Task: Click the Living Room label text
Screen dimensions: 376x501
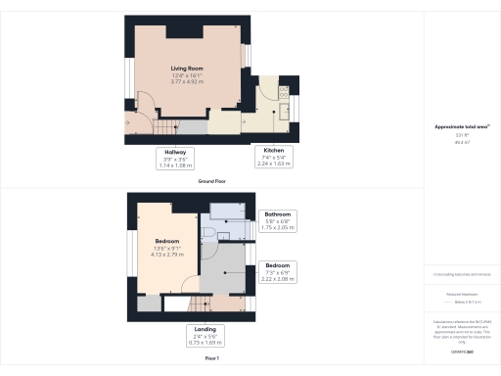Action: [x=185, y=68]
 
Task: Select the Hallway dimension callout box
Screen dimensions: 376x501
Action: [x=175, y=158]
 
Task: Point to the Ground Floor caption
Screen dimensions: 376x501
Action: [x=212, y=181]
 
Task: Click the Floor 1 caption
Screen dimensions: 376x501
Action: [x=212, y=360]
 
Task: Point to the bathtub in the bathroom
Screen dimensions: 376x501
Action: [x=226, y=210]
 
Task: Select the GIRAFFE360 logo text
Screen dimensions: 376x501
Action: [x=460, y=351]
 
